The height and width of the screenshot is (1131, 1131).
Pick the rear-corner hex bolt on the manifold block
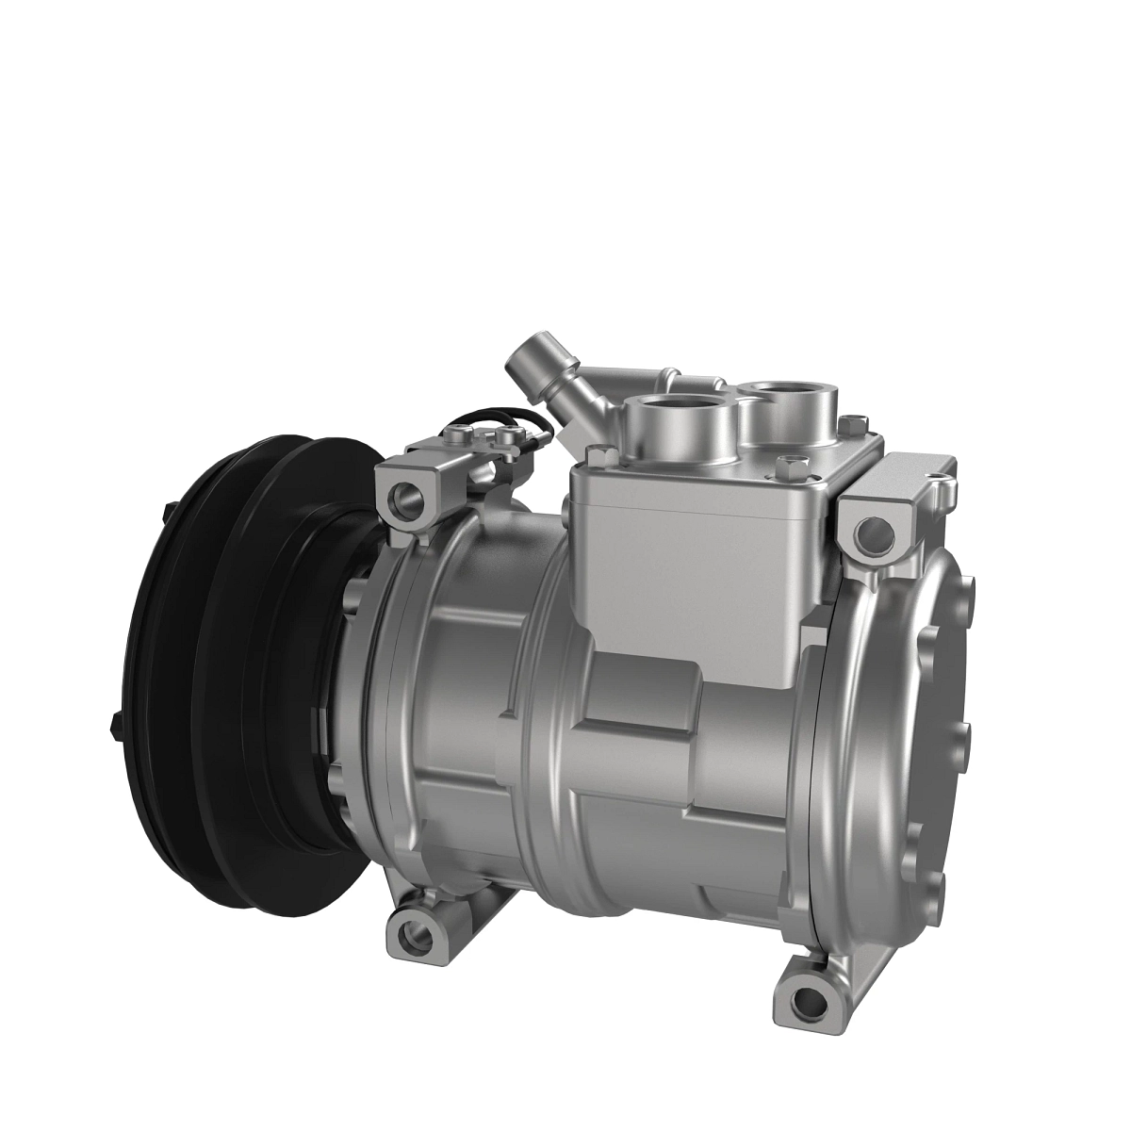coord(853,421)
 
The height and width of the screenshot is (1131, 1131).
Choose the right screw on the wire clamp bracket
coord(509,434)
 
